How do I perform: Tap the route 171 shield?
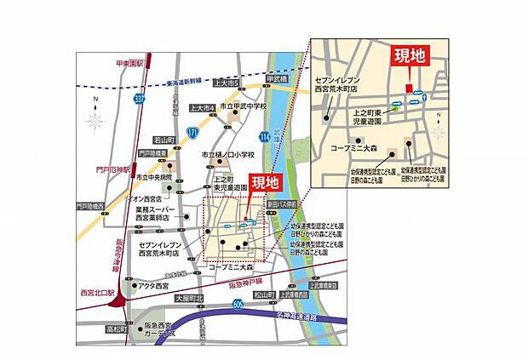point(193,133)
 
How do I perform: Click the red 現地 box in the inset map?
point(410,56)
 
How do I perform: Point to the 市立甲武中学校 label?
point(239,106)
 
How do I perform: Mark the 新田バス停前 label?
point(280,205)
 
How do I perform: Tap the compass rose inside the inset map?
point(439,133)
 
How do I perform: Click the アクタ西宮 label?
point(155,285)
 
